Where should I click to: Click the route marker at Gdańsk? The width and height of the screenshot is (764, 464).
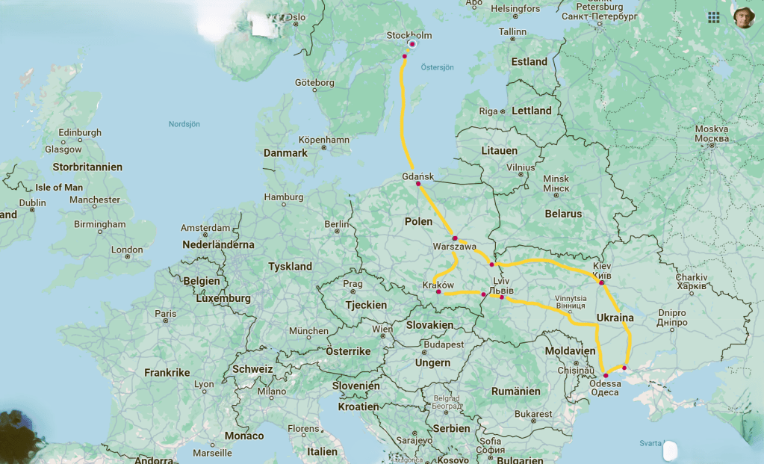(x=418, y=184)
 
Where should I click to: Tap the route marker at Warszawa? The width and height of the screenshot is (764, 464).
(x=455, y=238)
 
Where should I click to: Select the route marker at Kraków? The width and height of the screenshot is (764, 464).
(x=438, y=292)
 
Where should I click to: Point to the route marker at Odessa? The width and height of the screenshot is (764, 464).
(x=605, y=375)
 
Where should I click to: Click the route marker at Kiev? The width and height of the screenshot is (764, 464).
(x=601, y=282)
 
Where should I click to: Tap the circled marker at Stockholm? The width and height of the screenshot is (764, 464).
(x=411, y=44)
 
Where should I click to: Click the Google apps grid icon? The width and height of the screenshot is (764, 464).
(x=714, y=16)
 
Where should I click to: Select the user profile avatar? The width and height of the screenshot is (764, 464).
(x=742, y=17)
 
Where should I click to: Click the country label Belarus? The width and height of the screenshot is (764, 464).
(x=563, y=214)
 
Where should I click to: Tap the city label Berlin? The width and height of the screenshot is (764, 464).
(x=337, y=224)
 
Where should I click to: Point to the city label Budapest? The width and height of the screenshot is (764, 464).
(x=443, y=345)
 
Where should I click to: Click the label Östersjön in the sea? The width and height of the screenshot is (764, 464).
(x=437, y=66)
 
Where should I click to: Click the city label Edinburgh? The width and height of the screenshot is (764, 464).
(x=80, y=133)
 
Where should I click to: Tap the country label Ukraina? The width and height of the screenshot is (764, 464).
(x=615, y=318)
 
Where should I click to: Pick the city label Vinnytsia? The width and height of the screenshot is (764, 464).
(x=571, y=298)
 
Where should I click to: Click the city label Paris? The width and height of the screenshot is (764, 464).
(x=166, y=314)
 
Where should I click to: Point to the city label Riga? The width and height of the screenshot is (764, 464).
(x=488, y=111)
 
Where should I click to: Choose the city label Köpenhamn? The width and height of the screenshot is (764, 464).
(x=323, y=140)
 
